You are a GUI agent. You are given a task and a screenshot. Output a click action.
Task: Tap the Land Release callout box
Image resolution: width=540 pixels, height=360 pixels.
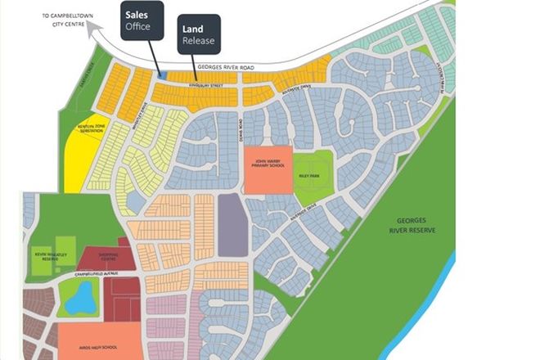[x=199, y=34]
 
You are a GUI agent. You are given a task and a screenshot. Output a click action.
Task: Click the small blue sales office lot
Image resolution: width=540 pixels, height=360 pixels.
[x=161, y=76]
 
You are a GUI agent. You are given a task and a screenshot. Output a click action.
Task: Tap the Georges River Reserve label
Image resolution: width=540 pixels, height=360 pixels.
[x=412, y=226]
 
